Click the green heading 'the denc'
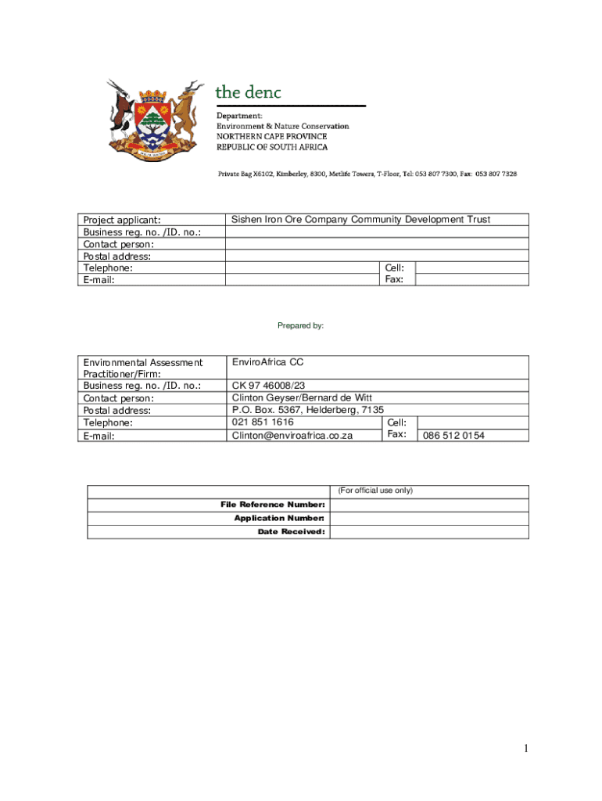tap(248, 92)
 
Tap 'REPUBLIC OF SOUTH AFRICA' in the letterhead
tap(272, 147)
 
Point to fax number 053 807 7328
tap(496, 174)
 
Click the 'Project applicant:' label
tap(122, 220)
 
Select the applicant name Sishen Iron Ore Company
tap(360, 220)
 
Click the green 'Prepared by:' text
tap(301, 325)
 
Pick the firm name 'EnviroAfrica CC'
tap(267, 362)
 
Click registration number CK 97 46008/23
tap(268, 386)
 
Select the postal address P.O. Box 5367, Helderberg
tap(307, 410)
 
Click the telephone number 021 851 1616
tap(263, 422)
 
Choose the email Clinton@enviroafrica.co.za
tap(292, 435)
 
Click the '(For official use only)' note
tap(374, 490)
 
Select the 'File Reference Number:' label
tap(273, 505)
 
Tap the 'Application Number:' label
tap(279, 518)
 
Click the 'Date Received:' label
tap(291, 532)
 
